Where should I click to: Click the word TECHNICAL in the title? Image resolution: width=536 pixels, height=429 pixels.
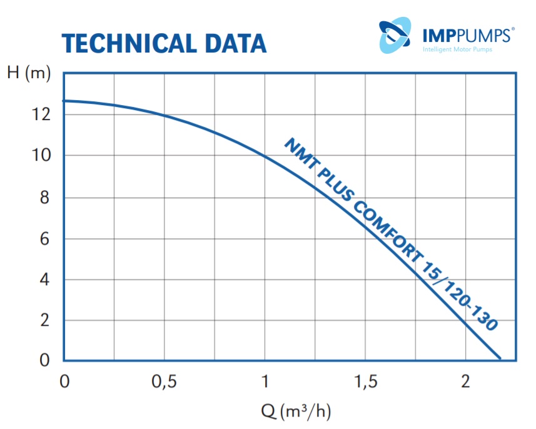pyautogui.click(x=119, y=43)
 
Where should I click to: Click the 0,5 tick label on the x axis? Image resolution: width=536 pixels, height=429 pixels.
pyautogui.click(x=164, y=381)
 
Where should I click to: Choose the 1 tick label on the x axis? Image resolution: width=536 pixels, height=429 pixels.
pyautogui.click(x=265, y=381)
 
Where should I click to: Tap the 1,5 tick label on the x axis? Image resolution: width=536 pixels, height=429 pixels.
pyautogui.click(x=365, y=381)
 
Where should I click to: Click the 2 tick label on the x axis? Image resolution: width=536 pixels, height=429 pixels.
pyautogui.click(x=465, y=381)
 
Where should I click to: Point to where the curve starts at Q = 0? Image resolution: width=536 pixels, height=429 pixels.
pyautogui.click(x=64, y=101)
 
